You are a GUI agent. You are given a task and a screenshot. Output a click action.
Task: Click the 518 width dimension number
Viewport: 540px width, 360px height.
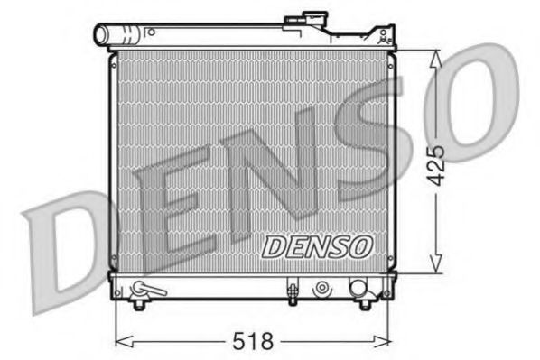[252, 342]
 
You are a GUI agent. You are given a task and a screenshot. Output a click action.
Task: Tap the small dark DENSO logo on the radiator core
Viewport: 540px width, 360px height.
[315, 244]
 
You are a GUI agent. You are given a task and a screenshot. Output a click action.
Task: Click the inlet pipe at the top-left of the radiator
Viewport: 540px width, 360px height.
[118, 36]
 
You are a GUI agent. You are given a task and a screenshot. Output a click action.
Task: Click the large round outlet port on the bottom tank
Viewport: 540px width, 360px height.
[359, 291]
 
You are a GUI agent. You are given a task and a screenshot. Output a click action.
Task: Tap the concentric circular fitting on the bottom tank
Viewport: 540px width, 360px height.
[321, 290]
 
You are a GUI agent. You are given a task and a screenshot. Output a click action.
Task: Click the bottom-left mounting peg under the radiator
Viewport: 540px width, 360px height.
[139, 305]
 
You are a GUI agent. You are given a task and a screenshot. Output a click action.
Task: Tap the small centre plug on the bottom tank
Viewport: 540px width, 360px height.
[293, 291]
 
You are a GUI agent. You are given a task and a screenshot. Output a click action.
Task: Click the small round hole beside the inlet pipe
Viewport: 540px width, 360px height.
[153, 32]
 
